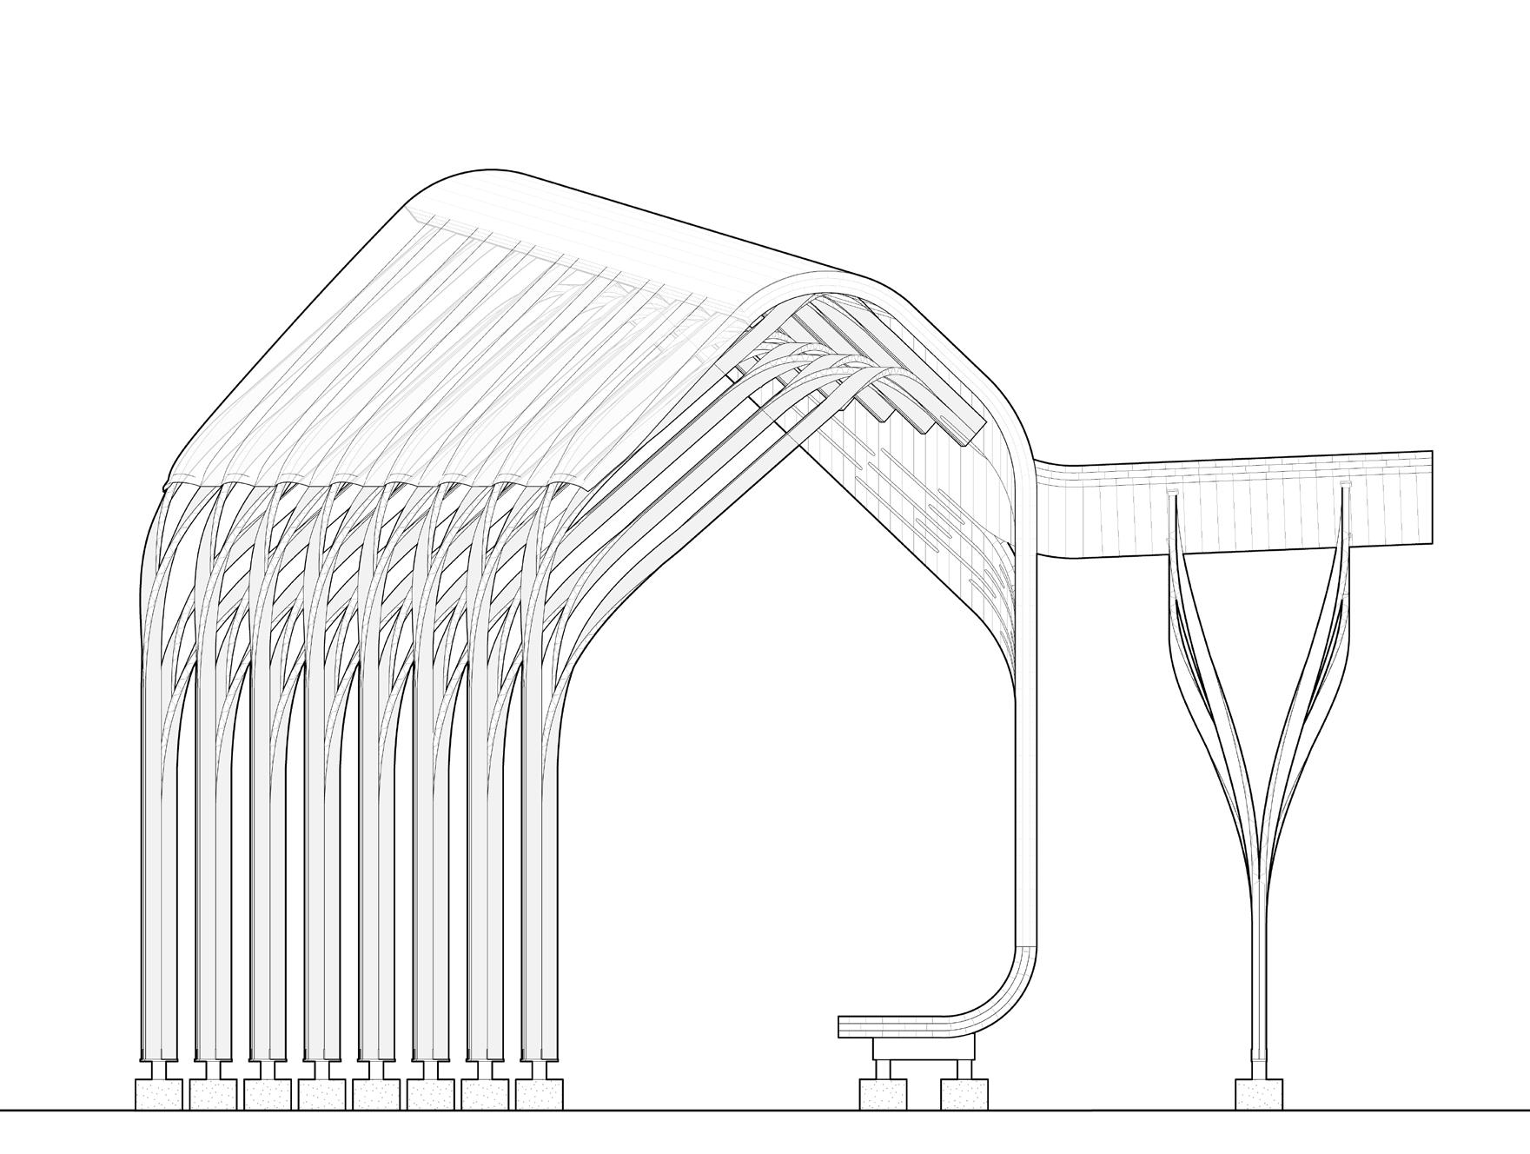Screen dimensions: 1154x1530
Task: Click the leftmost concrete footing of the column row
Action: pos(159,1093)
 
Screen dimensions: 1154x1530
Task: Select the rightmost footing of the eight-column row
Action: pos(539,1093)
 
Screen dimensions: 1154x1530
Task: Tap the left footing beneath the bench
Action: pos(884,1093)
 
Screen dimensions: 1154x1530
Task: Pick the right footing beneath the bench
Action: pos(964,1093)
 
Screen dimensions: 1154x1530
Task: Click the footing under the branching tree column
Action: pos(1259,1093)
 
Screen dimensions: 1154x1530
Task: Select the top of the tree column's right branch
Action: pos(1346,488)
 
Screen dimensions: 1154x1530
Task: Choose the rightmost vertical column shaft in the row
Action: pos(539,869)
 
